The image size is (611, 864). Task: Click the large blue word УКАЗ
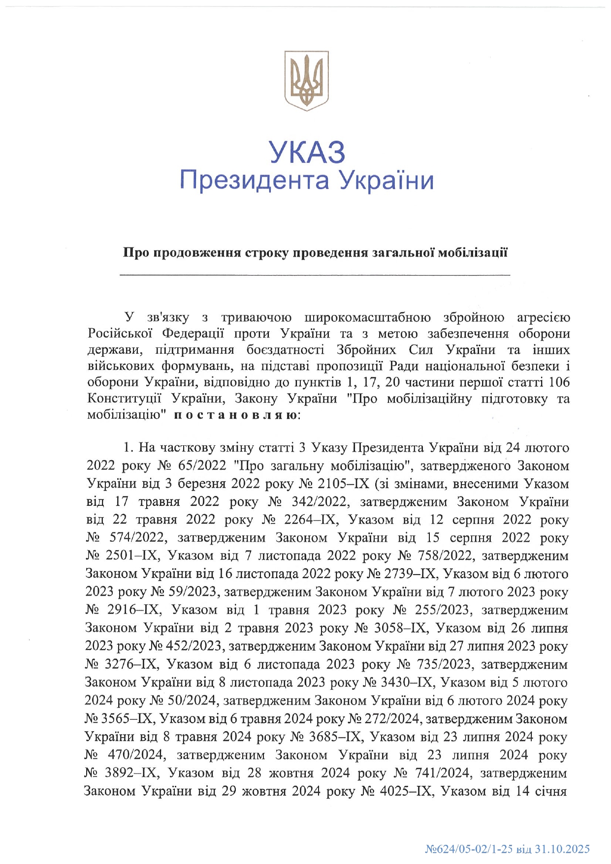click(306, 152)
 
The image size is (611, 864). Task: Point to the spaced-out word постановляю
click(235, 415)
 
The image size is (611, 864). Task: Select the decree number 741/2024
click(441, 773)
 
